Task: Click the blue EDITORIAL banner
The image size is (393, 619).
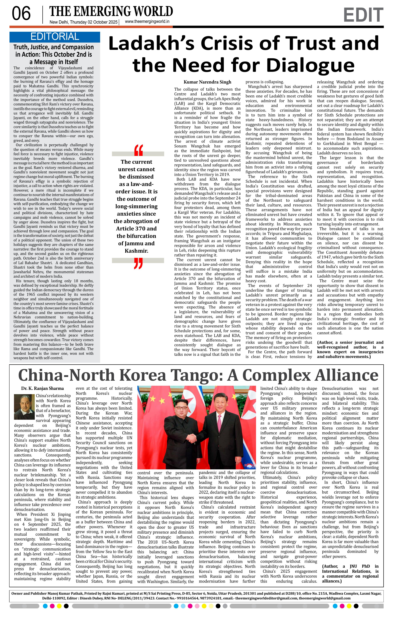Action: (55, 37)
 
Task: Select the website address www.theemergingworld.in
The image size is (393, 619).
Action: (147, 22)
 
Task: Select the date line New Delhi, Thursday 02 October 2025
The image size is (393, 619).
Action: (83, 22)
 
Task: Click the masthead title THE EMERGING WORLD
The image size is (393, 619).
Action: (111, 11)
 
